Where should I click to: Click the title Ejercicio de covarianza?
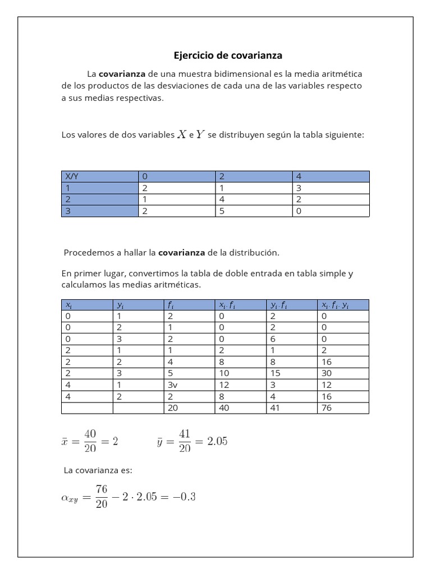coord(228,55)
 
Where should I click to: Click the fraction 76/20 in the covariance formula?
coord(101,497)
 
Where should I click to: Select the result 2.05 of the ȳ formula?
coord(217,441)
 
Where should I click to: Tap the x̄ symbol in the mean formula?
coord(65,442)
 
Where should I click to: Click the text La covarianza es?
coord(98,470)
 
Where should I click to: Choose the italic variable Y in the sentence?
coord(200,135)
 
